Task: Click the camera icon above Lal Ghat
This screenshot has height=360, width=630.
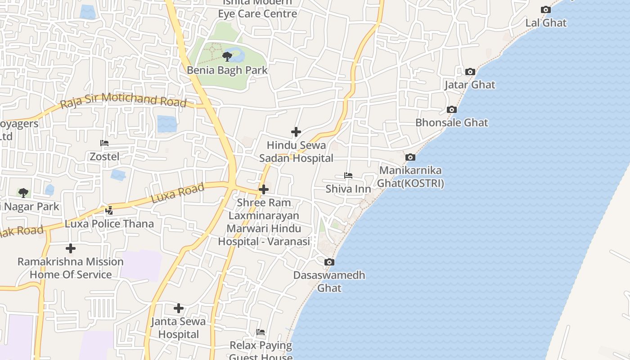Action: [x=545, y=10]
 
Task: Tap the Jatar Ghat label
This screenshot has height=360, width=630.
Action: [x=470, y=85]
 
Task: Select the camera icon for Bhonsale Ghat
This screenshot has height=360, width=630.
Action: [x=452, y=110]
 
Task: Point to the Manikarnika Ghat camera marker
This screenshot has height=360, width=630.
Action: [x=410, y=157]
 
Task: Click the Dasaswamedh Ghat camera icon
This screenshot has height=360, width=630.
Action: [x=329, y=262]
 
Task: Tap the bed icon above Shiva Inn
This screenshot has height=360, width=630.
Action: [x=348, y=175]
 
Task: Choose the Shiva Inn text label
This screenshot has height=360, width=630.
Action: [x=348, y=189]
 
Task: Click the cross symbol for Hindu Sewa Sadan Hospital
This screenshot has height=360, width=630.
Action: [x=296, y=132]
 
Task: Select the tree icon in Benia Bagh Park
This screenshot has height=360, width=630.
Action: [x=227, y=57]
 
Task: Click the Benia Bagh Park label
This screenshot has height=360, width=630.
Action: [x=227, y=70]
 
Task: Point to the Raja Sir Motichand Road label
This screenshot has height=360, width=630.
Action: [x=123, y=100]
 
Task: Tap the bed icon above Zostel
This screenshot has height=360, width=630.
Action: [x=104, y=143]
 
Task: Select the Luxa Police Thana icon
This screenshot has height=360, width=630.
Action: [x=109, y=210]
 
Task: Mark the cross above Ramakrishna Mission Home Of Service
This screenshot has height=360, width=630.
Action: [x=71, y=248]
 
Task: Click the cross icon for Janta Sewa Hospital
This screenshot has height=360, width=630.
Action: [x=179, y=308]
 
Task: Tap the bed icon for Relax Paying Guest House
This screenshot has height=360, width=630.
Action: [x=261, y=333]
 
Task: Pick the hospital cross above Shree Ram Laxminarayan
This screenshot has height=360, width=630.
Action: [x=264, y=189]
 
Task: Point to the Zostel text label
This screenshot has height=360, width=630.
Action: [x=105, y=157]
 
